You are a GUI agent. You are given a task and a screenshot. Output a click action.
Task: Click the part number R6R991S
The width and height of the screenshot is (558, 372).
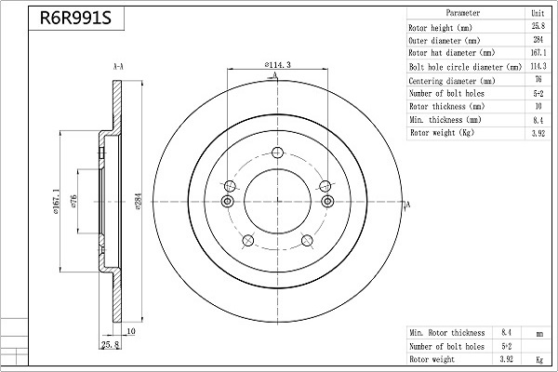[75, 19]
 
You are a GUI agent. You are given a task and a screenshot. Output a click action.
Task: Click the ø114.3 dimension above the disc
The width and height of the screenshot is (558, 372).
[277, 65]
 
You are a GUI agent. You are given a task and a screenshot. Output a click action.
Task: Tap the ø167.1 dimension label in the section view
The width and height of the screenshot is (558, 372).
[56, 202]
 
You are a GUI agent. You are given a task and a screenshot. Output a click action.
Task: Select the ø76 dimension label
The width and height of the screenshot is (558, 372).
[73, 201]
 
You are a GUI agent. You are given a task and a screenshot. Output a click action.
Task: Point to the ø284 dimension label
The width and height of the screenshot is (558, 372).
[139, 201]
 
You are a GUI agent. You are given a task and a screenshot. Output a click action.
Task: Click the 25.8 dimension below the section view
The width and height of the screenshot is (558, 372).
[111, 345]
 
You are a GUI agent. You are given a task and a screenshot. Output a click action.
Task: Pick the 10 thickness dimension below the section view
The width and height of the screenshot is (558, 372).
[131, 331]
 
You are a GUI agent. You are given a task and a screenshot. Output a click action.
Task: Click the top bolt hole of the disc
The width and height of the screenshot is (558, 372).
[277, 153]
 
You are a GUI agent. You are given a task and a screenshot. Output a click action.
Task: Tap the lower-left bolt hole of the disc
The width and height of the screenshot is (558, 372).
[247, 241]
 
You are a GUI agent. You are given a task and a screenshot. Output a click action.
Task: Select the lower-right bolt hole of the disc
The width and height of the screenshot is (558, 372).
[307, 240]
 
